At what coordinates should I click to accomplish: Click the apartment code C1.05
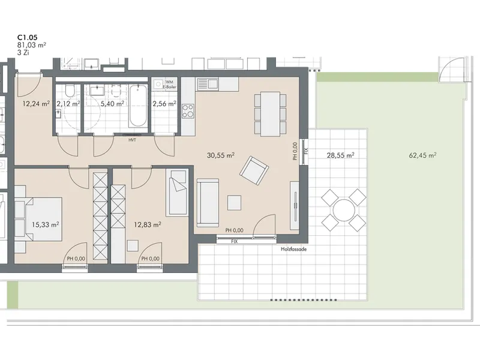pos(27,37)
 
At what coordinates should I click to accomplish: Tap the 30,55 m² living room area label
pos(221,155)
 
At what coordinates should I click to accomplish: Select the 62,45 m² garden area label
pos(422,155)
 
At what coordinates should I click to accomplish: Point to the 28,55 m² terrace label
pos(340,155)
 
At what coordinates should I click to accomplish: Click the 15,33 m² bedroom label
pos(46,224)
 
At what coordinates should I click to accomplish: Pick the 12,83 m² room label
pos(148,224)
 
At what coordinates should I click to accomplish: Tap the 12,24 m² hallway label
pos(36,104)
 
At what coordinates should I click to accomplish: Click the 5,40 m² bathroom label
pos(112,104)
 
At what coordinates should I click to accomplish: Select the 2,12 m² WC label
pos(68,104)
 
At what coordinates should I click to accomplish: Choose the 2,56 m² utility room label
pos(164,104)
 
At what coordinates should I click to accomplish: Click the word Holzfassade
pos(293,249)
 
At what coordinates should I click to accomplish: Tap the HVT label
pos(132,140)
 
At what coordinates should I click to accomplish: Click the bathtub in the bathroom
pos(138,106)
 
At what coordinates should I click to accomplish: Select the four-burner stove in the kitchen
pos(188,111)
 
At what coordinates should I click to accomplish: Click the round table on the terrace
pos(344,211)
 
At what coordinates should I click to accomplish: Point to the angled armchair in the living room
pos(254,170)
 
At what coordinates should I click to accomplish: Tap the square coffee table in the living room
pos(234,203)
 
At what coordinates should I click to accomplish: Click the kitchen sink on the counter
pos(208,84)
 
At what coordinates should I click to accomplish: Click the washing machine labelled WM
pos(158,83)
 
